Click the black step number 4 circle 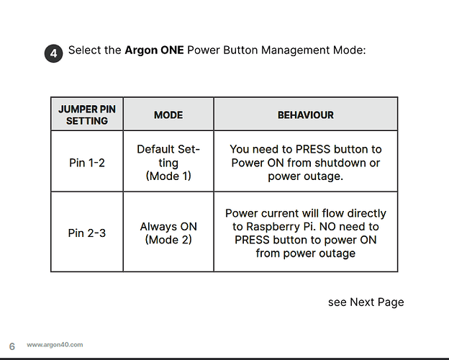(53, 53)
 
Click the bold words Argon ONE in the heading (154, 50)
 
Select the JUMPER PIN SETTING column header (87, 114)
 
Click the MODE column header (168, 115)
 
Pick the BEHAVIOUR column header (306, 115)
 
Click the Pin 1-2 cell (87, 163)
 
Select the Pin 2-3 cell (87, 233)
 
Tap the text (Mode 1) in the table (168, 176)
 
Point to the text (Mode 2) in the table (168, 239)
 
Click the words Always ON (168, 226)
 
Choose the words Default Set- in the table (168, 149)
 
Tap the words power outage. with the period (306, 176)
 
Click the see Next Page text (366, 302)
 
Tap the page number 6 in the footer (12, 346)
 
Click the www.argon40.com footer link (55, 345)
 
